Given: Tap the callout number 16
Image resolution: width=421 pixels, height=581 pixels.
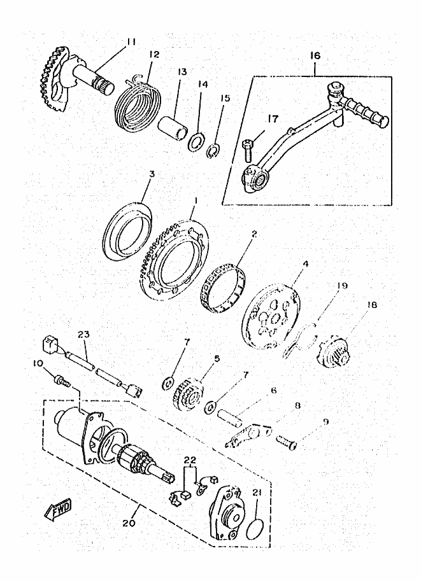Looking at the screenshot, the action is click(315, 56).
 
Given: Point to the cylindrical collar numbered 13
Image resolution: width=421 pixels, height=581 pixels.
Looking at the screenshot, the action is click(173, 128).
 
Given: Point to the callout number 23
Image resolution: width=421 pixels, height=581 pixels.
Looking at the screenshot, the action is click(84, 334).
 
